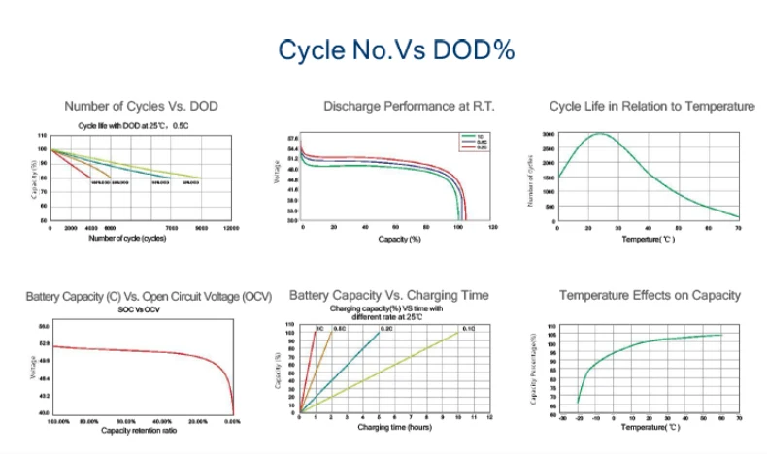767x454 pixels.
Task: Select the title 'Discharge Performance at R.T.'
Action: tap(395, 106)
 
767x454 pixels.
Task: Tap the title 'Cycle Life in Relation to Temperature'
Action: tap(651, 106)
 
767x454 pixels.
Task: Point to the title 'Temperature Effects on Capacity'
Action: tap(650, 295)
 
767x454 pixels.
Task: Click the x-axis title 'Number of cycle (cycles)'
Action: tap(127, 237)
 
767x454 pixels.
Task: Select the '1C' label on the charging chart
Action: tap(318, 329)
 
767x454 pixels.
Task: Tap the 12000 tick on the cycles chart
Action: tap(231, 228)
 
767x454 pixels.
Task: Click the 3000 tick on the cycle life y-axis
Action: tap(548, 133)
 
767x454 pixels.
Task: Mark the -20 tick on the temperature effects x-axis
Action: tap(578, 417)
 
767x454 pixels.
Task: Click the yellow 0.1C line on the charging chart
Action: tap(388, 371)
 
